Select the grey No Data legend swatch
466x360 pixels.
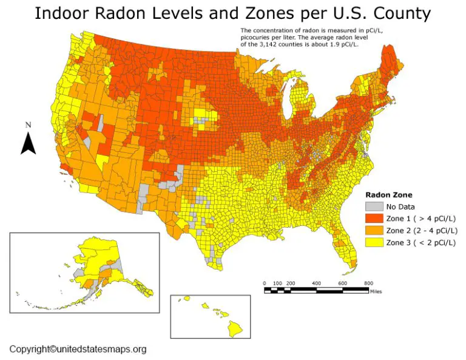pos(373,206)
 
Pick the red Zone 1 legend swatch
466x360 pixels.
pos(373,219)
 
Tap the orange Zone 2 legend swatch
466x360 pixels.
pos(373,231)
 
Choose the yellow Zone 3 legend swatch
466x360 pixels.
pos(373,243)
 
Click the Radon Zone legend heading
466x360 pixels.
pos(388,195)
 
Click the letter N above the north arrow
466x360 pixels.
pos(28,125)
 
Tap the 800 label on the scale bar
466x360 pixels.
pos(368,284)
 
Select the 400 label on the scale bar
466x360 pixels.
pos(316,284)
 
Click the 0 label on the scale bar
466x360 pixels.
pos(265,284)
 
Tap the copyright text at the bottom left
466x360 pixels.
pos(78,349)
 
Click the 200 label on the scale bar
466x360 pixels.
pos(291,284)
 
